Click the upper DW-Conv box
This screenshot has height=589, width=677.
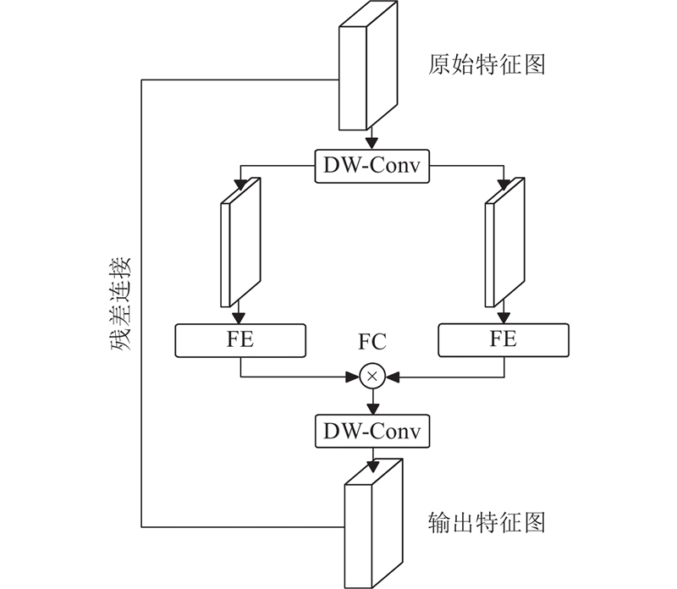(372, 165)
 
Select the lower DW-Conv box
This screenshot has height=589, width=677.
(372, 432)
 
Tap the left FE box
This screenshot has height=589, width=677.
(240, 340)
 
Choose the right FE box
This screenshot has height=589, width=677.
(504, 340)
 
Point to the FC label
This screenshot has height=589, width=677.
(372, 343)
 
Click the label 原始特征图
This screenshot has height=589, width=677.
(487, 64)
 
